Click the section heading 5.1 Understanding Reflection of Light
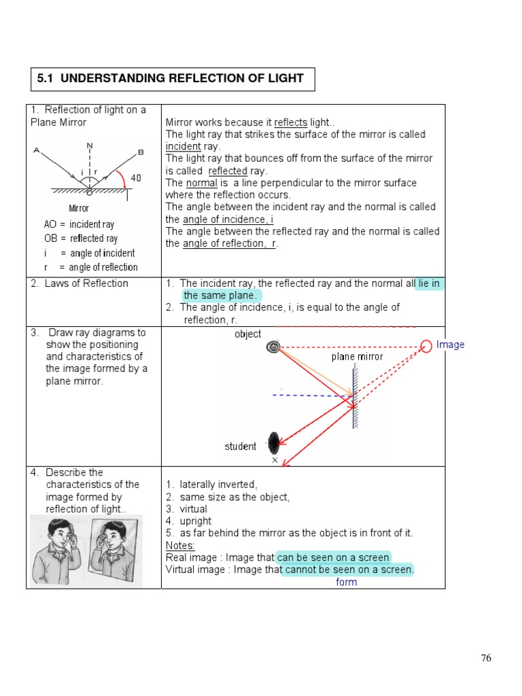[170, 78]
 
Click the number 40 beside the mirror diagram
[136, 178]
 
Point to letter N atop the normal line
[90, 146]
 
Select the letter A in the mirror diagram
[36, 152]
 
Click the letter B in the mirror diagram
[141, 152]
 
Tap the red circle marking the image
[426, 346]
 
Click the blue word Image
[450, 345]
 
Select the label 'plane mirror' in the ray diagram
[357, 357]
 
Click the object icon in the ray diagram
[273, 347]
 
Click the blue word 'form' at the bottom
[346, 582]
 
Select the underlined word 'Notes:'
[180, 546]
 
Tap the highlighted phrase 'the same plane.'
[222, 296]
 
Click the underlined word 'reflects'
[290, 122]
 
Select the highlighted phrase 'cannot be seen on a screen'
[348, 570]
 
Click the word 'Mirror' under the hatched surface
[79, 208]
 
